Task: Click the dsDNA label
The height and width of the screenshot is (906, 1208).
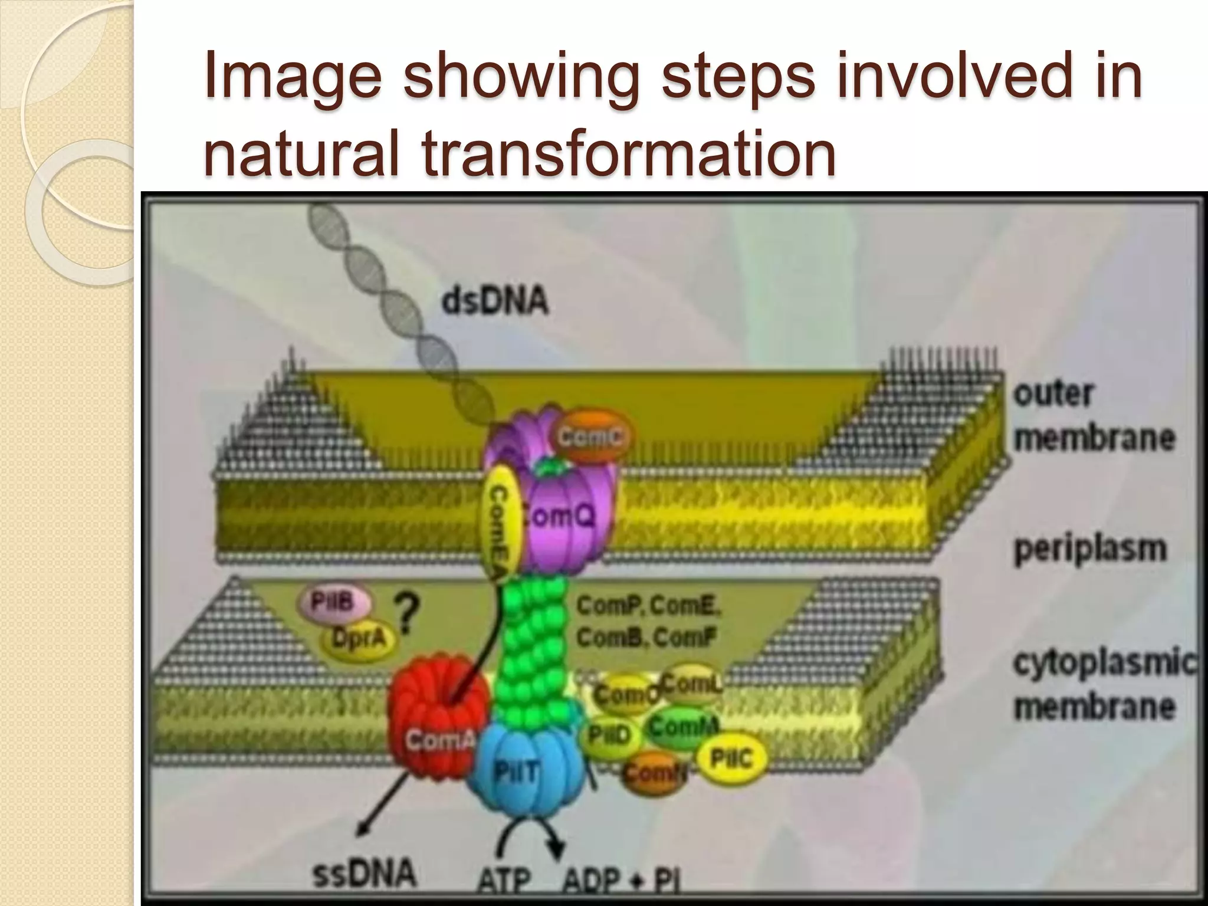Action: pyautogui.click(x=494, y=303)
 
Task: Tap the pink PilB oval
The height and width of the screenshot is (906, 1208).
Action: pyautogui.click(x=334, y=603)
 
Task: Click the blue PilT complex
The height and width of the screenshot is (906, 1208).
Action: pyautogui.click(x=523, y=773)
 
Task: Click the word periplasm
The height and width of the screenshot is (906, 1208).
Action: pyautogui.click(x=1090, y=549)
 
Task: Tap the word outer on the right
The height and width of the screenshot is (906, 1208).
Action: pyautogui.click(x=1053, y=393)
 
